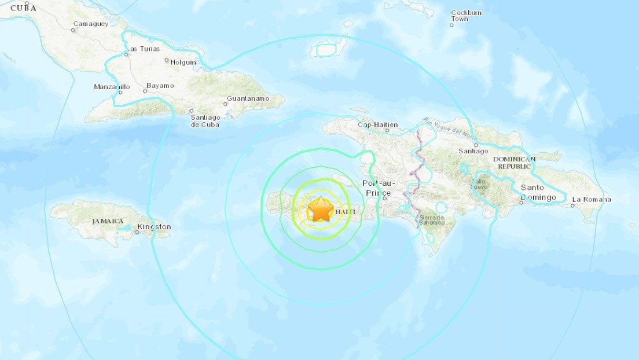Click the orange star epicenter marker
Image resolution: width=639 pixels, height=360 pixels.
[320, 210]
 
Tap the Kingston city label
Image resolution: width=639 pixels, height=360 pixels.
[155, 226]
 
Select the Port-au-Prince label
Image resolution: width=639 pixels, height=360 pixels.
[380, 188]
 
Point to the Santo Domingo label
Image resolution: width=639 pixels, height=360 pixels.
[538, 192]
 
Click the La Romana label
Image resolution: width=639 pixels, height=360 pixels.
[591, 200]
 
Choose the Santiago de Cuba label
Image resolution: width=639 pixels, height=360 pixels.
[205, 120]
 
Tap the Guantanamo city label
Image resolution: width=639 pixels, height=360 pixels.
[248, 98]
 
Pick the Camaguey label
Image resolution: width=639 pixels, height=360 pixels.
[90, 24]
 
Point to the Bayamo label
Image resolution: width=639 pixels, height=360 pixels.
[160, 86]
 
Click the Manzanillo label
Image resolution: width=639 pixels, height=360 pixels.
[112, 87]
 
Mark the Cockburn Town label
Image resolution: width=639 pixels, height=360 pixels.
[467, 16]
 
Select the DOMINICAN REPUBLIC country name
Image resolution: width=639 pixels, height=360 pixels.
[515, 162]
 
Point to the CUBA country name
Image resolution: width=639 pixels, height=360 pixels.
[23, 8]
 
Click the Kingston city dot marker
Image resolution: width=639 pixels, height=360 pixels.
[137, 233]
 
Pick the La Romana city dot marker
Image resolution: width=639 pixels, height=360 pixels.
[572, 205]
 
